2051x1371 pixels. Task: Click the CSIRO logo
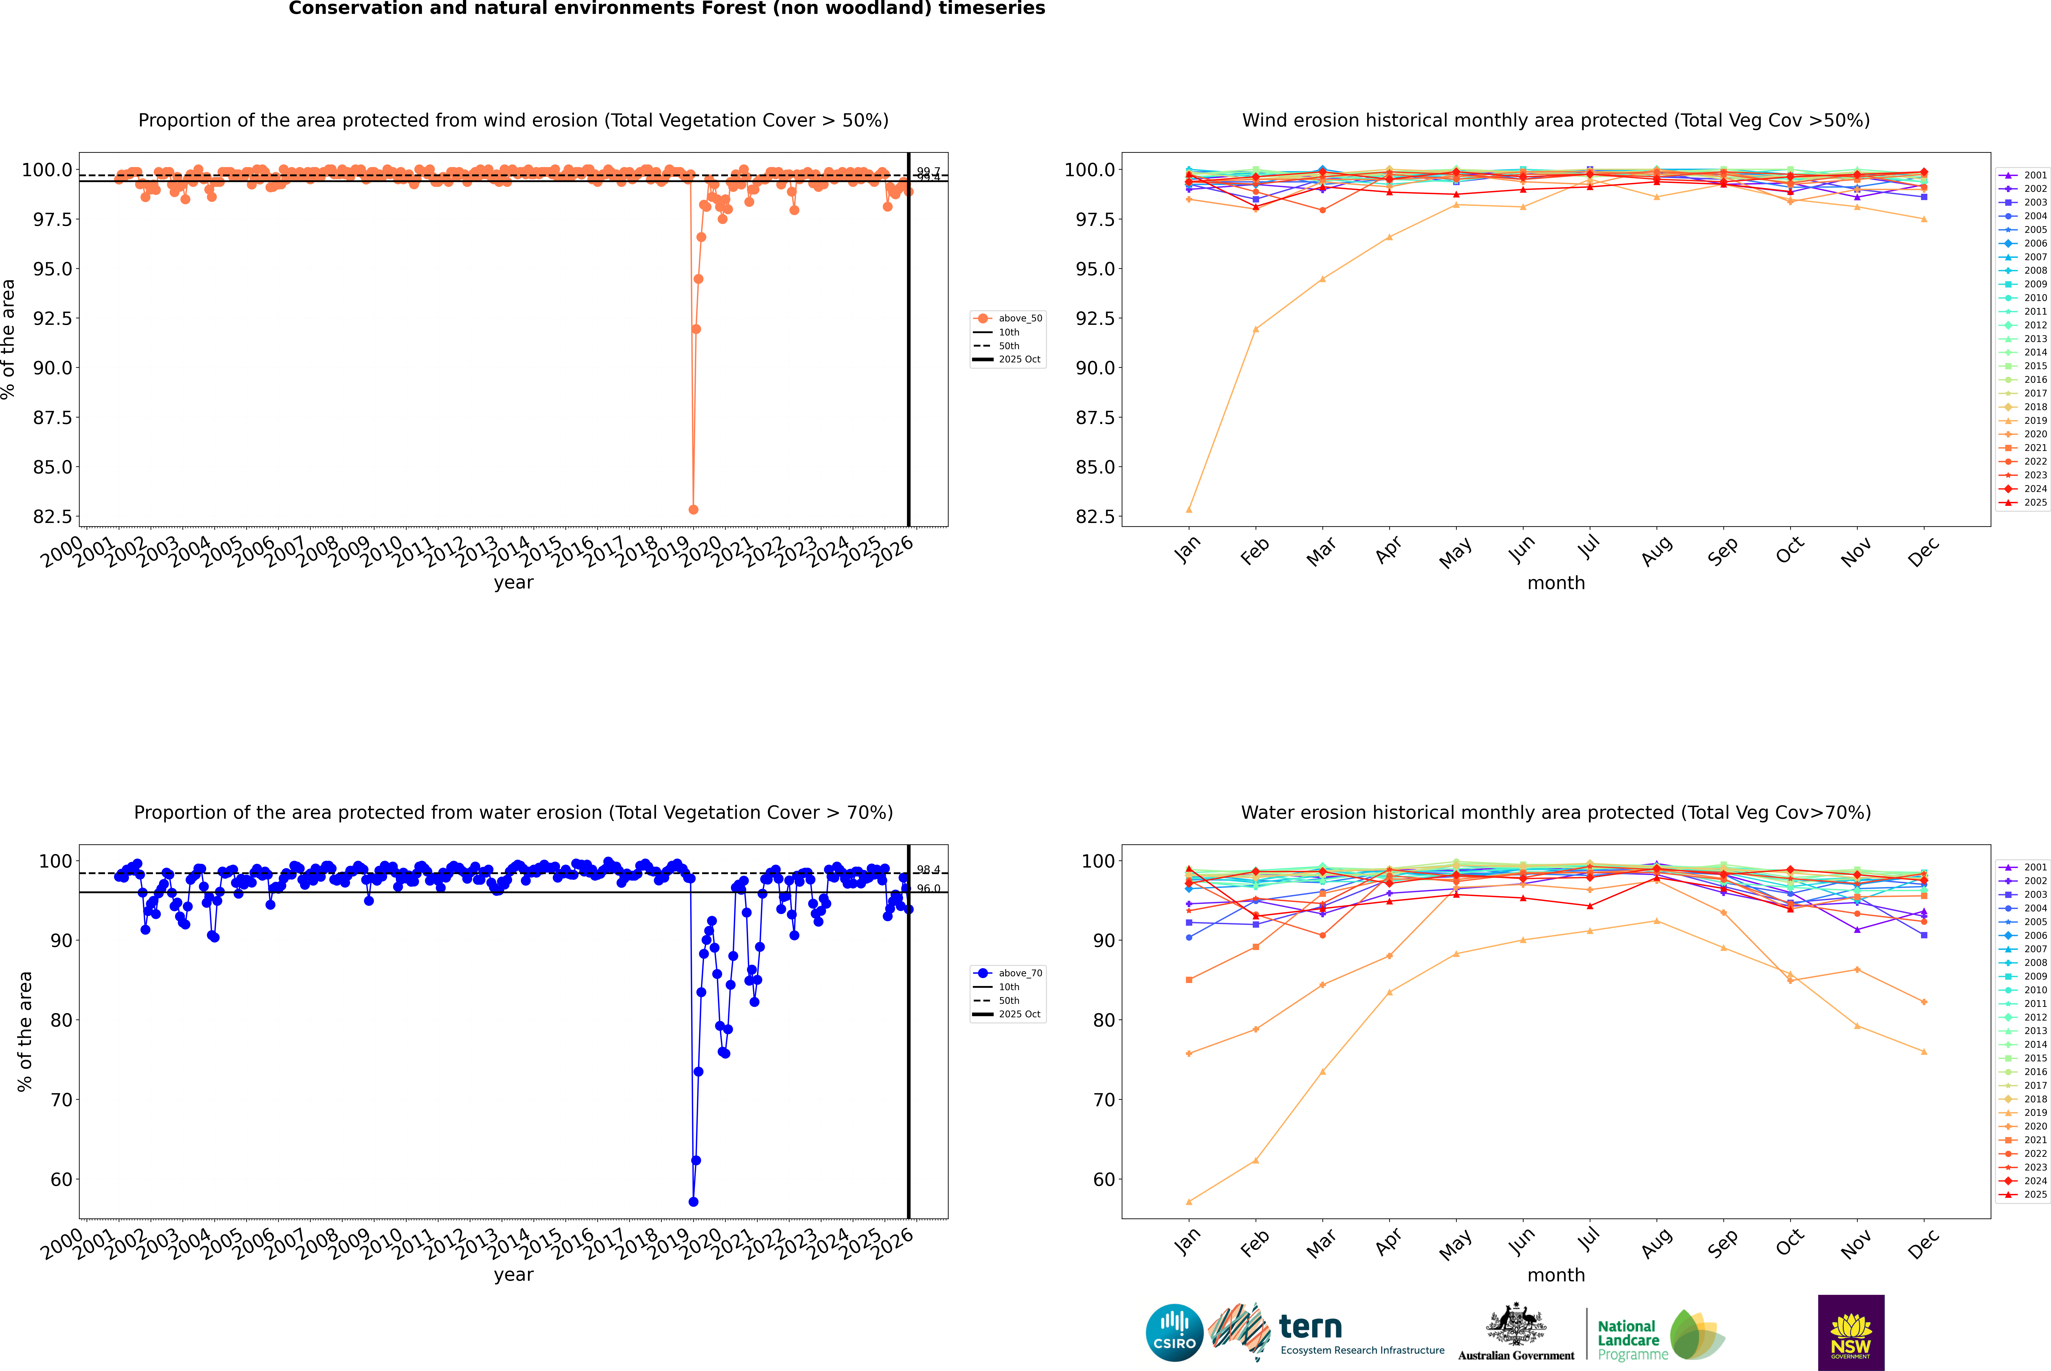(x=1174, y=1333)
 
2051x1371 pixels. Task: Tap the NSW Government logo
(x=1851, y=1333)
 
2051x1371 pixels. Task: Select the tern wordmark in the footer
(x=1310, y=1327)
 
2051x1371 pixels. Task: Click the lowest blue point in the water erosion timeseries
(x=693, y=1201)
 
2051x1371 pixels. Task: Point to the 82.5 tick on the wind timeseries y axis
(x=53, y=517)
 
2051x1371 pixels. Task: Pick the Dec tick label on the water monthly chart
(x=1923, y=1243)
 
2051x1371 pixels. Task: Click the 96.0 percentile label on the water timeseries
(x=928, y=888)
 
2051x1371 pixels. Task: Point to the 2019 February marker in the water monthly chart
(x=1255, y=1160)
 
